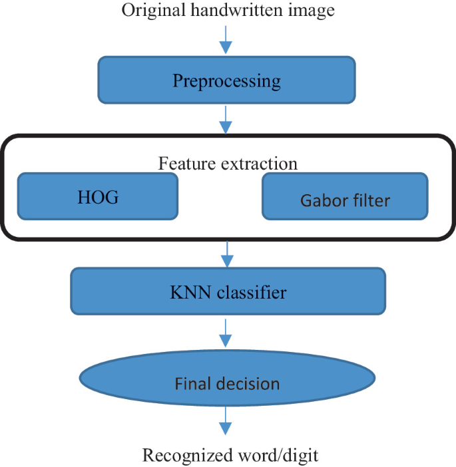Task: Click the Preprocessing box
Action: tap(226, 81)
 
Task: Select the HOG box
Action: tap(98, 196)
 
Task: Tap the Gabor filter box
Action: tap(345, 198)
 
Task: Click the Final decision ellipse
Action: tap(227, 384)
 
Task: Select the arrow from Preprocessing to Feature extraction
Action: tap(226, 120)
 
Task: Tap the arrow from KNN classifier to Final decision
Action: tap(226, 331)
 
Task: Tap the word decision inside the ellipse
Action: tap(252, 384)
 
